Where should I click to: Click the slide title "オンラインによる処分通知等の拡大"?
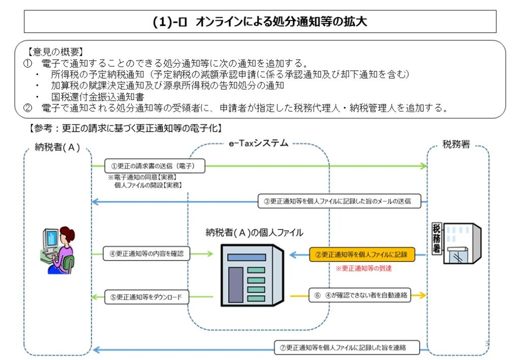click(259, 22)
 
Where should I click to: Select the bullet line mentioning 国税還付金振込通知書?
click(97, 96)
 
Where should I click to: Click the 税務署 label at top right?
click(456, 145)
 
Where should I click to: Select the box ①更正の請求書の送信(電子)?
click(150, 166)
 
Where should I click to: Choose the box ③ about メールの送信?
click(340, 201)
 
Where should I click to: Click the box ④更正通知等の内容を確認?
click(146, 253)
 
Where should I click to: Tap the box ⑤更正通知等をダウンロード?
click(147, 297)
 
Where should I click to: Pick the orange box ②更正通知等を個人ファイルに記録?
click(362, 254)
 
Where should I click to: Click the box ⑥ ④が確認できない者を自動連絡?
click(361, 294)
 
